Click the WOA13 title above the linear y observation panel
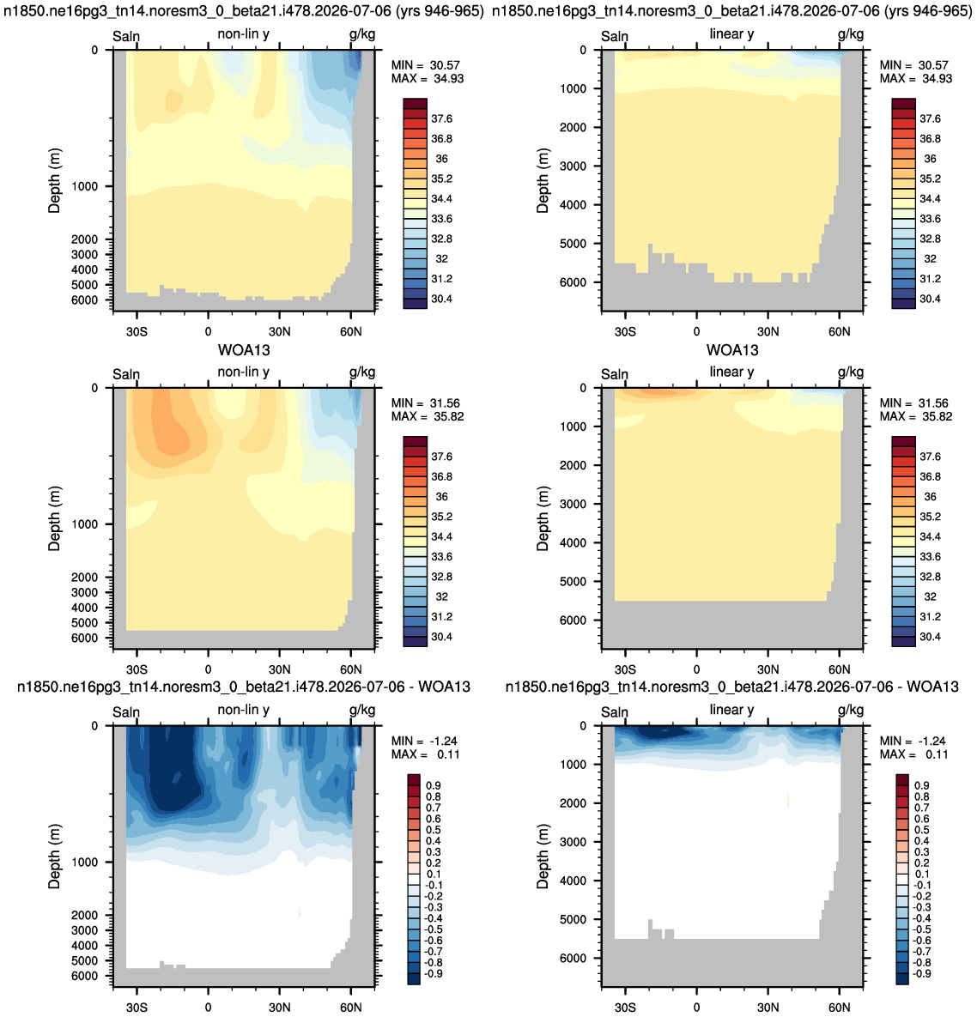pyautogui.click(x=731, y=350)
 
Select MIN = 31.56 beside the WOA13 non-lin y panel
pyautogui.click(x=426, y=403)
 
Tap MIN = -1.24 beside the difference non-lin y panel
pyautogui.click(x=426, y=741)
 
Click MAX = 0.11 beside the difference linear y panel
pyautogui.click(x=914, y=754)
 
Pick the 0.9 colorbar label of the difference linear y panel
pyautogui.click(x=922, y=785)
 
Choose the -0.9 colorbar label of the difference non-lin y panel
pyautogui.click(x=433, y=973)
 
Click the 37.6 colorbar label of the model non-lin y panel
pyautogui.click(x=442, y=118)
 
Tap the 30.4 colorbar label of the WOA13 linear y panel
pyautogui.click(x=931, y=637)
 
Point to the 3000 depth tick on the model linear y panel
pyautogui.click(x=573, y=166)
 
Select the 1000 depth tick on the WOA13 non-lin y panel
pyautogui.click(x=85, y=524)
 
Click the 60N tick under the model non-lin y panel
pyautogui.click(x=351, y=331)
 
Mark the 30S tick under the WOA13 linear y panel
pyautogui.click(x=625, y=669)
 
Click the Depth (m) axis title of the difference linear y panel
pyautogui.click(x=543, y=857)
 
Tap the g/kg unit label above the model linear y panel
pyautogui.click(x=851, y=34)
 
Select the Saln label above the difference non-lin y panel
pyautogui.click(x=126, y=712)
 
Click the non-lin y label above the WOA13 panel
pyautogui.click(x=243, y=372)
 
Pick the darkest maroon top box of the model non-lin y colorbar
pyautogui.click(x=416, y=104)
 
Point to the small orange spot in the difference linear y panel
pyautogui.click(x=788, y=801)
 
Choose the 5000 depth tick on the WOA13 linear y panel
pyautogui.click(x=573, y=582)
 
